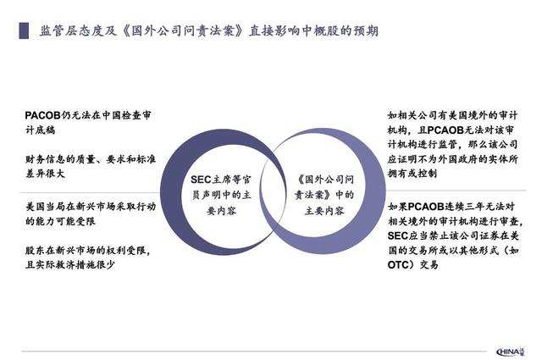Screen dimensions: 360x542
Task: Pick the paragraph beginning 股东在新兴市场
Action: pos(92,257)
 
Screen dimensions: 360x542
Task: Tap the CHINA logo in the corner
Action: pos(512,348)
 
